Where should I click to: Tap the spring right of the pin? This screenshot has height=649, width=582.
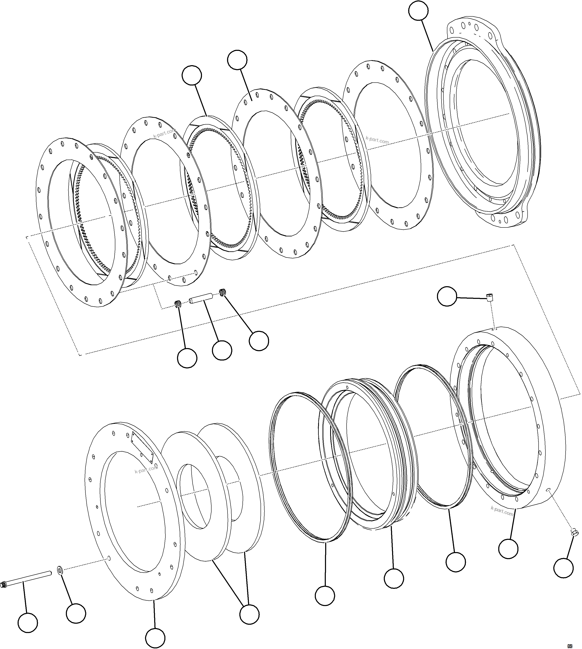223,292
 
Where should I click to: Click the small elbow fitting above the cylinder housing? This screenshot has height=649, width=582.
490,297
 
